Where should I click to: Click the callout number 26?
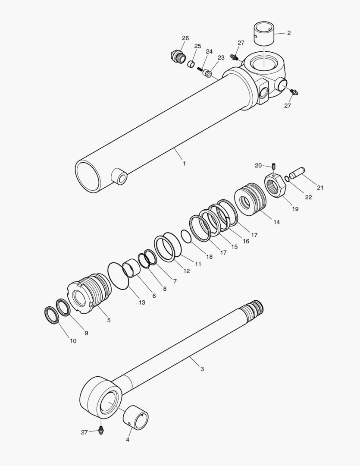point(185,38)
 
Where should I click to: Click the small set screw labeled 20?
point(273,166)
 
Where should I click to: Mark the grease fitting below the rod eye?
point(101,430)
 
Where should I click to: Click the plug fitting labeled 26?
point(176,56)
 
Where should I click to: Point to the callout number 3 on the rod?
point(202,369)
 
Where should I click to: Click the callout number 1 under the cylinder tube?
point(184,164)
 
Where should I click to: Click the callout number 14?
point(276,222)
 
